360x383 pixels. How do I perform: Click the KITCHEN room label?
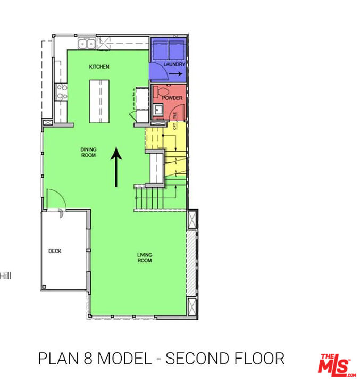(x=99, y=66)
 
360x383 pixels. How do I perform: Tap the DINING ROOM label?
(x=88, y=152)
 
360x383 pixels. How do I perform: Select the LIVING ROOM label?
(x=145, y=257)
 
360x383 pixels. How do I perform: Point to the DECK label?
(x=55, y=251)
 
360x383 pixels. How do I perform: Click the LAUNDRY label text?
(x=174, y=64)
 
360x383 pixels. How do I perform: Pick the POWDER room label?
(x=172, y=98)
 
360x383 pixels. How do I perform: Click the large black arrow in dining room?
(x=116, y=167)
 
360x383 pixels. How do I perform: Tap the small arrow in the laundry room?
(x=175, y=74)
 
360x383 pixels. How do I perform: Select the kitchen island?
(x=99, y=102)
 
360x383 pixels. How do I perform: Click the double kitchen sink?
(x=87, y=44)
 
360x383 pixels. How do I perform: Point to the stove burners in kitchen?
(x=61, y=92)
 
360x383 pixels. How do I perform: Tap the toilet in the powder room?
(x=162, y=92)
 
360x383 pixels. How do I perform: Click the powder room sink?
(x=158, y=109)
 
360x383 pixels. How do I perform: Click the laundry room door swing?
(x=158, y=71)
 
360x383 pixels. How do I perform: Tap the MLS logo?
(x=337, y=365)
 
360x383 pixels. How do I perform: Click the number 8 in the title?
(x=88, y=358)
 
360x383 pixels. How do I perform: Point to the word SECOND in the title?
(x=198, y=358)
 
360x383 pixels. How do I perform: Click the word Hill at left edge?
(x=5, y=276)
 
